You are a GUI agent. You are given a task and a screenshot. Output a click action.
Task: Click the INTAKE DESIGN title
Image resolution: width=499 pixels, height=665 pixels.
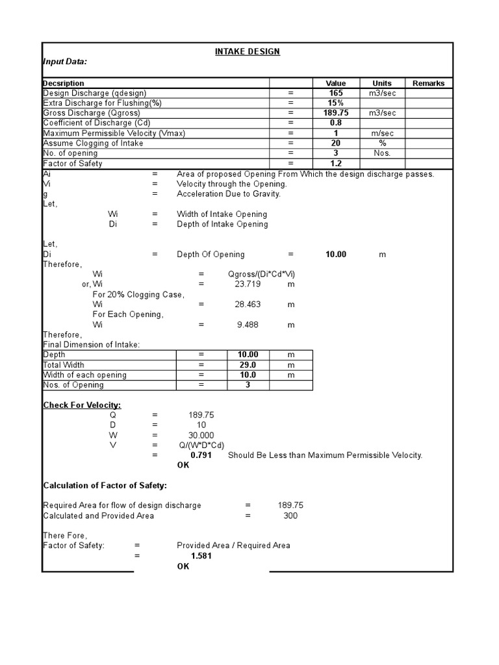click(x=248, y=51)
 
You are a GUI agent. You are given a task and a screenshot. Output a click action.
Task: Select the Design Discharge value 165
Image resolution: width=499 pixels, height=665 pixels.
click(x=336, y=94)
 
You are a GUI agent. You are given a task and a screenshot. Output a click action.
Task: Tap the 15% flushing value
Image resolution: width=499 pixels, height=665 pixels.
click(x=336, y=103)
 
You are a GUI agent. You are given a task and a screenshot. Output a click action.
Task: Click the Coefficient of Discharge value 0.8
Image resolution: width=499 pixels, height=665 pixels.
click(x=336, y=123)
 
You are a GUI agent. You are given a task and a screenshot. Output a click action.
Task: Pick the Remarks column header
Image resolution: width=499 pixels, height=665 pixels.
click(x=428, y=83)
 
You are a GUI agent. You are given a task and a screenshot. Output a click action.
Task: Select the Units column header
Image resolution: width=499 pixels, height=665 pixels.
click(x=381, y=83)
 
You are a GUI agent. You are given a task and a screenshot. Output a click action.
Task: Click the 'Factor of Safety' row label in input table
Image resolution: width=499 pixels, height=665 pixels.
click(x=73, y=164)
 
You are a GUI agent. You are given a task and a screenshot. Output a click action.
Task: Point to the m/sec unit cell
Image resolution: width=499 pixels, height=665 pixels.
click(x=381, y=133)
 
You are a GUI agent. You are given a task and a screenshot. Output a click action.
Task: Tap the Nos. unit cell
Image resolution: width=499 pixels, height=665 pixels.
click(x=381, y=153)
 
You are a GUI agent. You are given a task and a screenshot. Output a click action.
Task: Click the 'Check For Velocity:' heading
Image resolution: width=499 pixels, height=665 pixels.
click(x=82, y=405)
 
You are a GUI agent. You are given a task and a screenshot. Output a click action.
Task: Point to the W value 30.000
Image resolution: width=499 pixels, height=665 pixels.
click(x=201, y=435)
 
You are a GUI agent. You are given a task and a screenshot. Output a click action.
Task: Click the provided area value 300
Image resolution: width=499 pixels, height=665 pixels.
click(x=290, y=516)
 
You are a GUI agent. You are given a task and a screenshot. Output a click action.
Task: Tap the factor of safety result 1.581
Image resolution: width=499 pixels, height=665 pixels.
click(x=201, y=556)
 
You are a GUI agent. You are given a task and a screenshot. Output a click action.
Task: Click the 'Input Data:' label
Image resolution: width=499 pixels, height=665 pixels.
click(x=65, y=62)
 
